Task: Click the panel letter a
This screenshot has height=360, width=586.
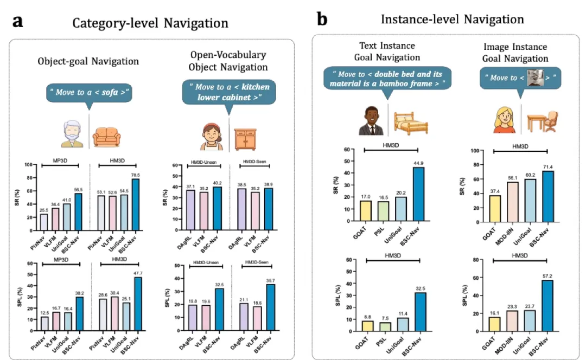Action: (x=18, y=22)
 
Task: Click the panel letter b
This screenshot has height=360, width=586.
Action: (x=322, y=20)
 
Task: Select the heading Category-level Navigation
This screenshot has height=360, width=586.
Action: (x=150, y=23)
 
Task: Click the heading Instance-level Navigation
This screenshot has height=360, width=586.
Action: (x=452, y=20)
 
